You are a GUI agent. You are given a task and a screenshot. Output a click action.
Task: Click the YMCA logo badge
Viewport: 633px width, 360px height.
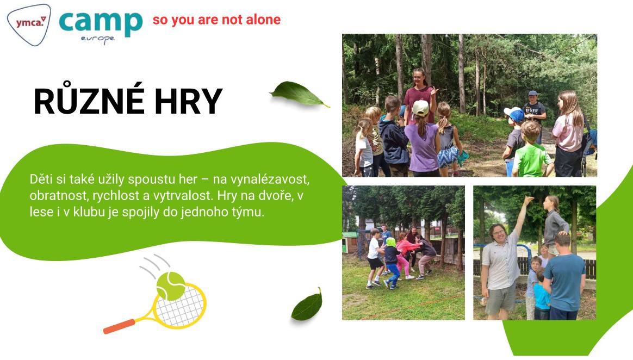pos(29,24)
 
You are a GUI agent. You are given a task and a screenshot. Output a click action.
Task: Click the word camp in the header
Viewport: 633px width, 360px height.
pos(101,23)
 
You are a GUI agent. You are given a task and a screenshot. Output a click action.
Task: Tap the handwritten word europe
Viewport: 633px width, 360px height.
pos(98,39)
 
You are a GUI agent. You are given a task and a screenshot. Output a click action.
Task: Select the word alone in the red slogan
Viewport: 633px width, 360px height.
pos(263,20)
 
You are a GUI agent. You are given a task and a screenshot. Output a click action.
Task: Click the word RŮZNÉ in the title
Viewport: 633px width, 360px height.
pos(89,101)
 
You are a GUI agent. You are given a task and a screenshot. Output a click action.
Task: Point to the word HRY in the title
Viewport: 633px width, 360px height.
pos(189,101)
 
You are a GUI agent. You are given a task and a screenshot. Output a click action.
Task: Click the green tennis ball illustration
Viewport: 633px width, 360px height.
pos(170,285)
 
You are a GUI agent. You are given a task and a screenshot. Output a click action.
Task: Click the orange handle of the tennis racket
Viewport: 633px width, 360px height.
pos(119,326)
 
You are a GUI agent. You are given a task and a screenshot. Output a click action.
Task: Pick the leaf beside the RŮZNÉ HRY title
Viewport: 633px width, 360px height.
pos(299,94)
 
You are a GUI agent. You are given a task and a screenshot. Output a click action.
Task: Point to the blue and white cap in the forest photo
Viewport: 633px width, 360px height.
pos(514,114)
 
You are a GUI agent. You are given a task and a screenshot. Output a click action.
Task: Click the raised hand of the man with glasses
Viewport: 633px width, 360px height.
pos(527,200)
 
